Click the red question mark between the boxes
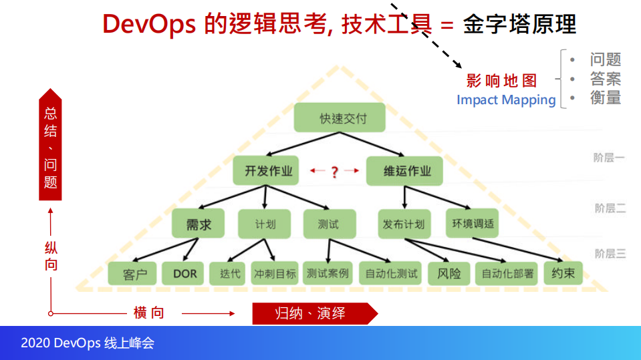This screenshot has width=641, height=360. point(335,172)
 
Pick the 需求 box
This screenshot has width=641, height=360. point(199,224)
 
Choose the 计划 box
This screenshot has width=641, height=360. point(264,224)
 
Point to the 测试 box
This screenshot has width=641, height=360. point(329,224)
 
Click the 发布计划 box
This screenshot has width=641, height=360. point(403,224)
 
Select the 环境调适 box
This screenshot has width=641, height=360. point(473,224)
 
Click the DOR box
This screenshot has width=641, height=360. point(184,273)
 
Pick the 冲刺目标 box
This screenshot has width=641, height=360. point(274,273)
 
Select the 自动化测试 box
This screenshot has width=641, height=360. point(391,273)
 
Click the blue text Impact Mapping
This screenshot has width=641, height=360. point(506,100)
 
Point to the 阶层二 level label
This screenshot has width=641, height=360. point(610,208)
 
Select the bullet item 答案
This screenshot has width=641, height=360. point(605,79)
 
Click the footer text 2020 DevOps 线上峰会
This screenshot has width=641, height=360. point(88,343)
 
